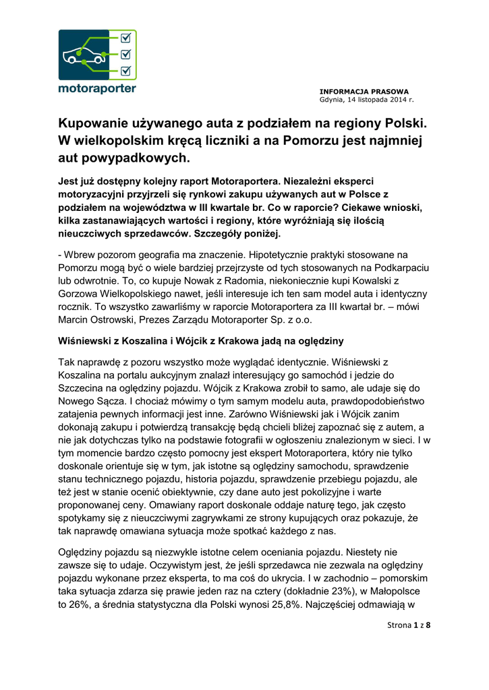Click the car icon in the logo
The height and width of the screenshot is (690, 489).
click(84, 56)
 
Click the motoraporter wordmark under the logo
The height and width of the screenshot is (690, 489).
click(97, 88)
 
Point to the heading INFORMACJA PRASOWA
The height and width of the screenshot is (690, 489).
click(364, 91)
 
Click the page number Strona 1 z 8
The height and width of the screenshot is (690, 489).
click(409, 625)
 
